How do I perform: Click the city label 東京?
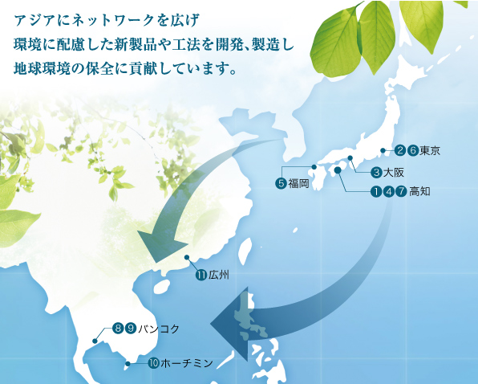(x=431, y=150)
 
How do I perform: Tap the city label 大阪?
(x=393, y=172)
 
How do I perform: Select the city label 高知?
(x=419, y=191)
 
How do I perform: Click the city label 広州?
(x=219, y=275)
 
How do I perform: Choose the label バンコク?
(x=158, y=328)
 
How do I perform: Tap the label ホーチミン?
(x=187, y=363)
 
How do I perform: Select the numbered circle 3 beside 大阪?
(x=376, y=172)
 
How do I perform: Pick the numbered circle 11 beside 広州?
(x=201, y=275)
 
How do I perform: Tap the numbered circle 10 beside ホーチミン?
(x=153, y=363)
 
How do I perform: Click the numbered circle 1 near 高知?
(x=375, y=191)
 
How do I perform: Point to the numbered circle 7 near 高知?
(x=401, y=191)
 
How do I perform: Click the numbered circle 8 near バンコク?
(x=118, y=328)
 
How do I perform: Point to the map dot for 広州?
(x=186, y=259)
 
